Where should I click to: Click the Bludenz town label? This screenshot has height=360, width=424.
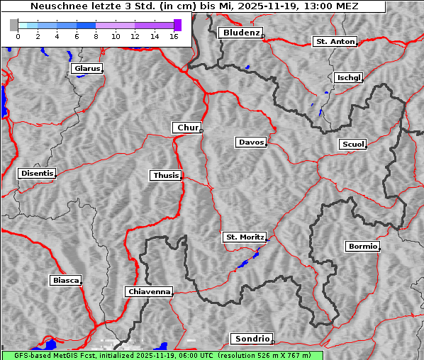[240, 33]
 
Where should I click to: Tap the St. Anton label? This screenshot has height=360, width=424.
[335, 42]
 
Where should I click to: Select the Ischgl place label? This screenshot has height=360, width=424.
[349, 77]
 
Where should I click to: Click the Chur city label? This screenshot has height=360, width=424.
[187, 128]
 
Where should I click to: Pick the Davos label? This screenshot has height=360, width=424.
[251, 142]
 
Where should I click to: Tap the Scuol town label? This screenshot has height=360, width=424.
[352, 145]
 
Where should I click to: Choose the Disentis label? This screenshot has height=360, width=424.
[36, 174]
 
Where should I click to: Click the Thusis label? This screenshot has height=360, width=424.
[166, 175]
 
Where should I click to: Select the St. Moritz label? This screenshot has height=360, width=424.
[244, 237]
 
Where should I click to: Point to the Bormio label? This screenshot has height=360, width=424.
[362, 247]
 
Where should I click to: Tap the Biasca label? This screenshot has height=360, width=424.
[65, 281]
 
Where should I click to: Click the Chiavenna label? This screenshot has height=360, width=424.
[149, 291]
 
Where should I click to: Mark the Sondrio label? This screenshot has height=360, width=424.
[251, 339]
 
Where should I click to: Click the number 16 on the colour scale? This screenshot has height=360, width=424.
[173, 36]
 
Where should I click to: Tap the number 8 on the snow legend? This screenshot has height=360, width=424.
[95, 36]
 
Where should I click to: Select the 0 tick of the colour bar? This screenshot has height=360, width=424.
[17, 36]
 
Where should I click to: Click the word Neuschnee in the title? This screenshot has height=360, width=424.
[55, 6]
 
